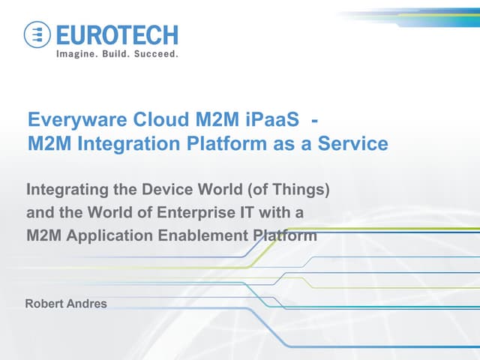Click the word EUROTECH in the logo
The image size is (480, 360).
116,35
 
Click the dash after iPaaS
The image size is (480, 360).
318,120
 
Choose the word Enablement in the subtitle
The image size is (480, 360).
193,235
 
